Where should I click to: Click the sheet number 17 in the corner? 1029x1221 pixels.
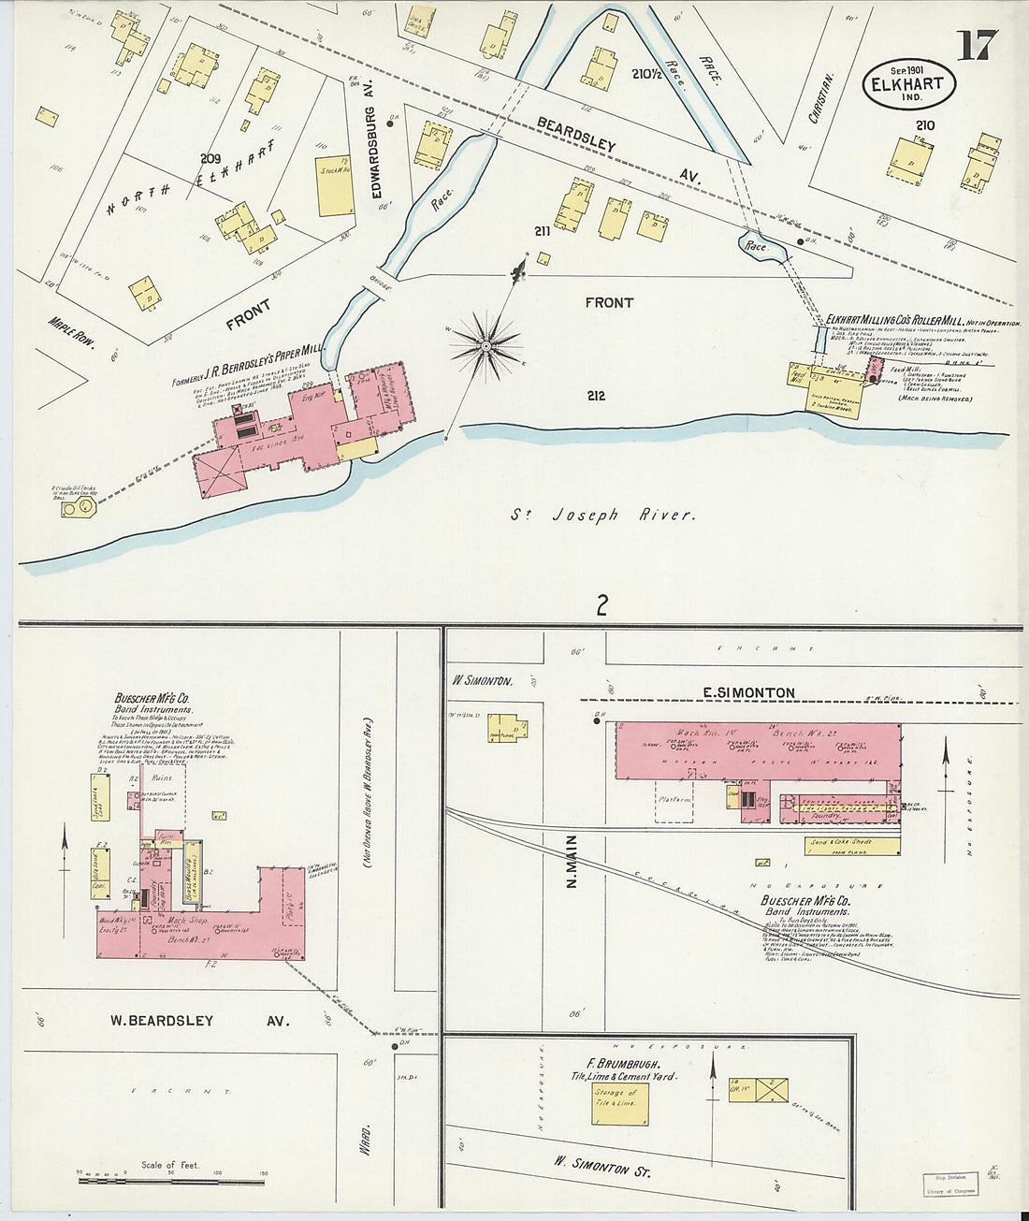[x=977, y=44]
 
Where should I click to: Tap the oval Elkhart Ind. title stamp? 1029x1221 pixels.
[x=907, y=83]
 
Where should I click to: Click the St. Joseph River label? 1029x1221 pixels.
[x=602, y=515]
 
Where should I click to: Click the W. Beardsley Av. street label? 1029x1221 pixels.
[x=199, y=1021]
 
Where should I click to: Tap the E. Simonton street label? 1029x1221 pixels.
[x=749, y=692]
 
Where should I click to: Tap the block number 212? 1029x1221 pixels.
[x=596, y=396]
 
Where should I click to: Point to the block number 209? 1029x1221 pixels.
[x=210, y=158]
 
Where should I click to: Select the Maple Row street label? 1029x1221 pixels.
[x=72, y=332]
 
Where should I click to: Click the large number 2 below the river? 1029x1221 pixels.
[x=601, y=604]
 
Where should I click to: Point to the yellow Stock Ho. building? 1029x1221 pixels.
[x=334, y=185]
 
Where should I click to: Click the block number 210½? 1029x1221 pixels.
[x=647, y=74]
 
